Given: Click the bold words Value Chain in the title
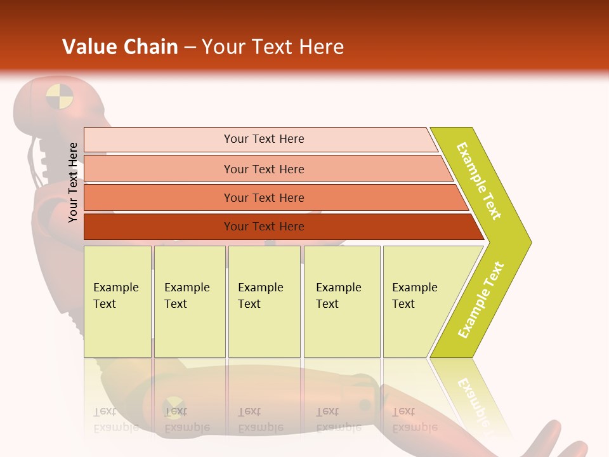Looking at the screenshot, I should point(120,47).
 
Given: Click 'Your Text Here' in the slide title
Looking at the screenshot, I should point(273,47).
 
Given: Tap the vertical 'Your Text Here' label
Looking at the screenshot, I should point(73,182).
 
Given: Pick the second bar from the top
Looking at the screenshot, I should point(263,169).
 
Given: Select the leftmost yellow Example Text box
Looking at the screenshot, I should point(117,301).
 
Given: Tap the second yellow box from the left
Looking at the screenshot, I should point(189,301).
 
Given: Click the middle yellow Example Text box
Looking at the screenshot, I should point(264,301).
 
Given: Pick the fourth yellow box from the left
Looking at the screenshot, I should point(341,301).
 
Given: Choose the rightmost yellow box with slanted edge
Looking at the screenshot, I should point(419,301).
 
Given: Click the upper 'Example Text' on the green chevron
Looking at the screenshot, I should point(479,181).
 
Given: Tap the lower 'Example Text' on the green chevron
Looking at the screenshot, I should point(481,300).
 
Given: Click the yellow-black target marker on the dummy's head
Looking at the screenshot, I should point(60,97).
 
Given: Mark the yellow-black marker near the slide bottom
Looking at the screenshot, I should point(173,407).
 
